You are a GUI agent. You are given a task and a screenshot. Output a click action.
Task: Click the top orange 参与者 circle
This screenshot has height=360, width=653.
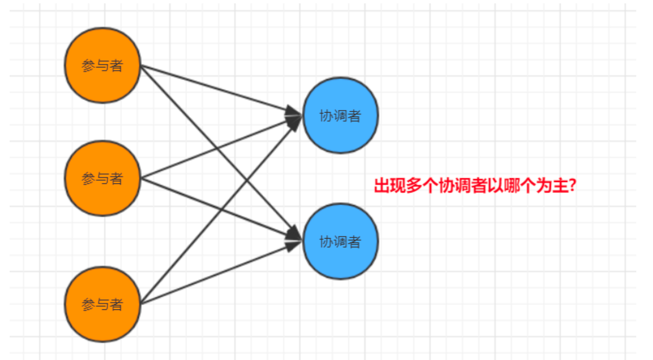[x=103, y=65]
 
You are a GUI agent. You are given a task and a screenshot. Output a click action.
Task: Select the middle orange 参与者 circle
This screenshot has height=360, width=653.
[x=103, y=178]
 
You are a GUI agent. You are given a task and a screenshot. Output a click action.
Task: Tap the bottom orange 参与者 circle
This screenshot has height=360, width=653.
[x=103, y=304]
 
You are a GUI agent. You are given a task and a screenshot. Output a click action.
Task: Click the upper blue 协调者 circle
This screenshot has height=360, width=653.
[x=341, y=116]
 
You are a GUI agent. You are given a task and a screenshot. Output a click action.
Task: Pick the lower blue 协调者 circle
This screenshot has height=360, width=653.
[x=341, y=242]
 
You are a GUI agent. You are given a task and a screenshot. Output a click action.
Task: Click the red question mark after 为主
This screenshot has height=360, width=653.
[x=572, y=185]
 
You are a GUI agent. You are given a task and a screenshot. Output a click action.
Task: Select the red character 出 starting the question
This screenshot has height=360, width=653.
[x=382, y=185]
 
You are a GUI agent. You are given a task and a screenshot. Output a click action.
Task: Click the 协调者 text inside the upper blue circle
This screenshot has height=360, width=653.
[x=340, y=116]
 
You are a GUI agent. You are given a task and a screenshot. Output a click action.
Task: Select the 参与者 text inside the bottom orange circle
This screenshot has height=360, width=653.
[x=102, y=305]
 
